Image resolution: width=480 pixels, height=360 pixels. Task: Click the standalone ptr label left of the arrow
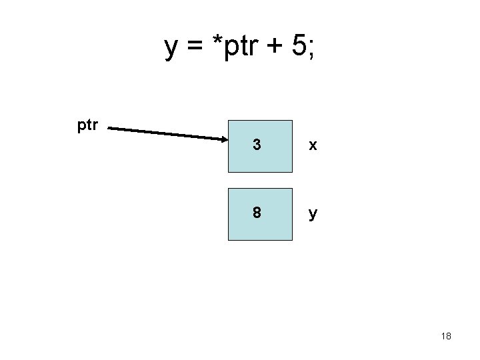pyautogui.click(x=88, y=125)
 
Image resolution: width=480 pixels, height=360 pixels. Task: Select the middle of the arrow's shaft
pyautogui.click(x=167, y=133)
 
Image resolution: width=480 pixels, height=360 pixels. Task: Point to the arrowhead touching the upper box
pyautogui.click(x=223, y=139)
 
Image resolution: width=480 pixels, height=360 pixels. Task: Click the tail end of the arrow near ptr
pyautogui.click(x=110, y=127)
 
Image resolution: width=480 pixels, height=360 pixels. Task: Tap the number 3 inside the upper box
pyautogui.click(x=257, y=145)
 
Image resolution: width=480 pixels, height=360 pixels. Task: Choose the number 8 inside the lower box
pyautogui.click(x=257, y=213)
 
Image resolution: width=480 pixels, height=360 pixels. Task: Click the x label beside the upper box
pyautogui.click(x=311, y=146)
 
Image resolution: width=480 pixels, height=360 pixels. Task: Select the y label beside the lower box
pyautogui.click(x=311, y=215)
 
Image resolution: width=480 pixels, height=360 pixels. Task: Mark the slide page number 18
pyautogui.click(x=446, y=337)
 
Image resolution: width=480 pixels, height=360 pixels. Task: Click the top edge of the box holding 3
pyautogui.click(x=260, y=121)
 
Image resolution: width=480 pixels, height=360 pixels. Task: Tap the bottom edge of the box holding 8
pyautogui.click(x=260, y=239)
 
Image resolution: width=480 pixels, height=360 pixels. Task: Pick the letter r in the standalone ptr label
pyautogui.click(x=96, y=125)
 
